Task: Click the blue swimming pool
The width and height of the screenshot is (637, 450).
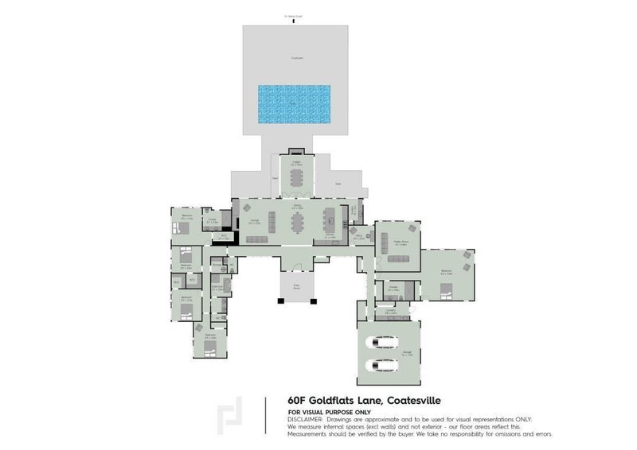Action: [296, 104]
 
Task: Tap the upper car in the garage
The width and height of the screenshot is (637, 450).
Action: [381, 342]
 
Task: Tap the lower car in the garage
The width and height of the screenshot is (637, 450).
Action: [381, 367]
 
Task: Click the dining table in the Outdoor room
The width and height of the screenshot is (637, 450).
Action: [296, 177]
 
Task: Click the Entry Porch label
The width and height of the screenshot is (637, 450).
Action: [296, 287]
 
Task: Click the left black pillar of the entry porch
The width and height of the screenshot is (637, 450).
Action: [279, 301]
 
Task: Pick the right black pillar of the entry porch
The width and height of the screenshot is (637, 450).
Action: [314, 301]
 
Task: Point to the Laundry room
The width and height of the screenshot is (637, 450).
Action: [392, 312]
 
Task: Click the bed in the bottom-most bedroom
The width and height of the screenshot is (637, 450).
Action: [211, 345]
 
